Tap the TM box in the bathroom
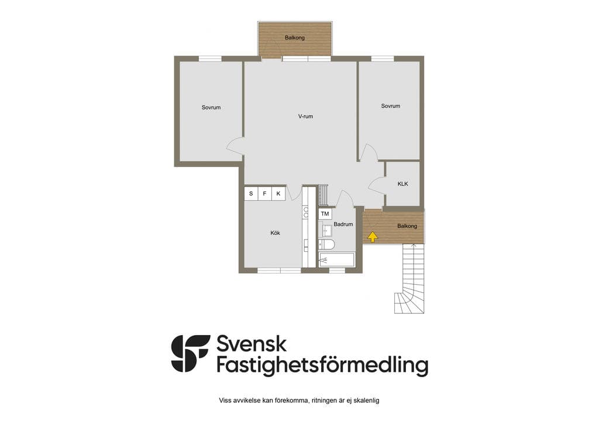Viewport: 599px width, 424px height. point(325,214)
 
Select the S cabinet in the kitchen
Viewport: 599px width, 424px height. point(251,193)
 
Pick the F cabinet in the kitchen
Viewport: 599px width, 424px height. point(265,193)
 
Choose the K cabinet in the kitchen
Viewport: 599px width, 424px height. point(278,193)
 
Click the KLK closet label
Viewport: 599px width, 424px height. point(402,184)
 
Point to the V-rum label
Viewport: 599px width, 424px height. point(305,116)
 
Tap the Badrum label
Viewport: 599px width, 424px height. point(343,224)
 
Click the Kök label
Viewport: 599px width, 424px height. point(275,233)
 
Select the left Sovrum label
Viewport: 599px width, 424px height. point(211,107)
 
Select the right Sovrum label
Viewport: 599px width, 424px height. point(390,106)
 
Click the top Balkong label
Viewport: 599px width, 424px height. point(295,38)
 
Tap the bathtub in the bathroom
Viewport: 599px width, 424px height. point(337,259)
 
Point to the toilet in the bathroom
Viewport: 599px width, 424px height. point(327,244)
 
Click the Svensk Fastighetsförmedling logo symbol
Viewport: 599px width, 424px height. point(190,354)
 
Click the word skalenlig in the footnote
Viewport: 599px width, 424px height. point(367,401)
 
